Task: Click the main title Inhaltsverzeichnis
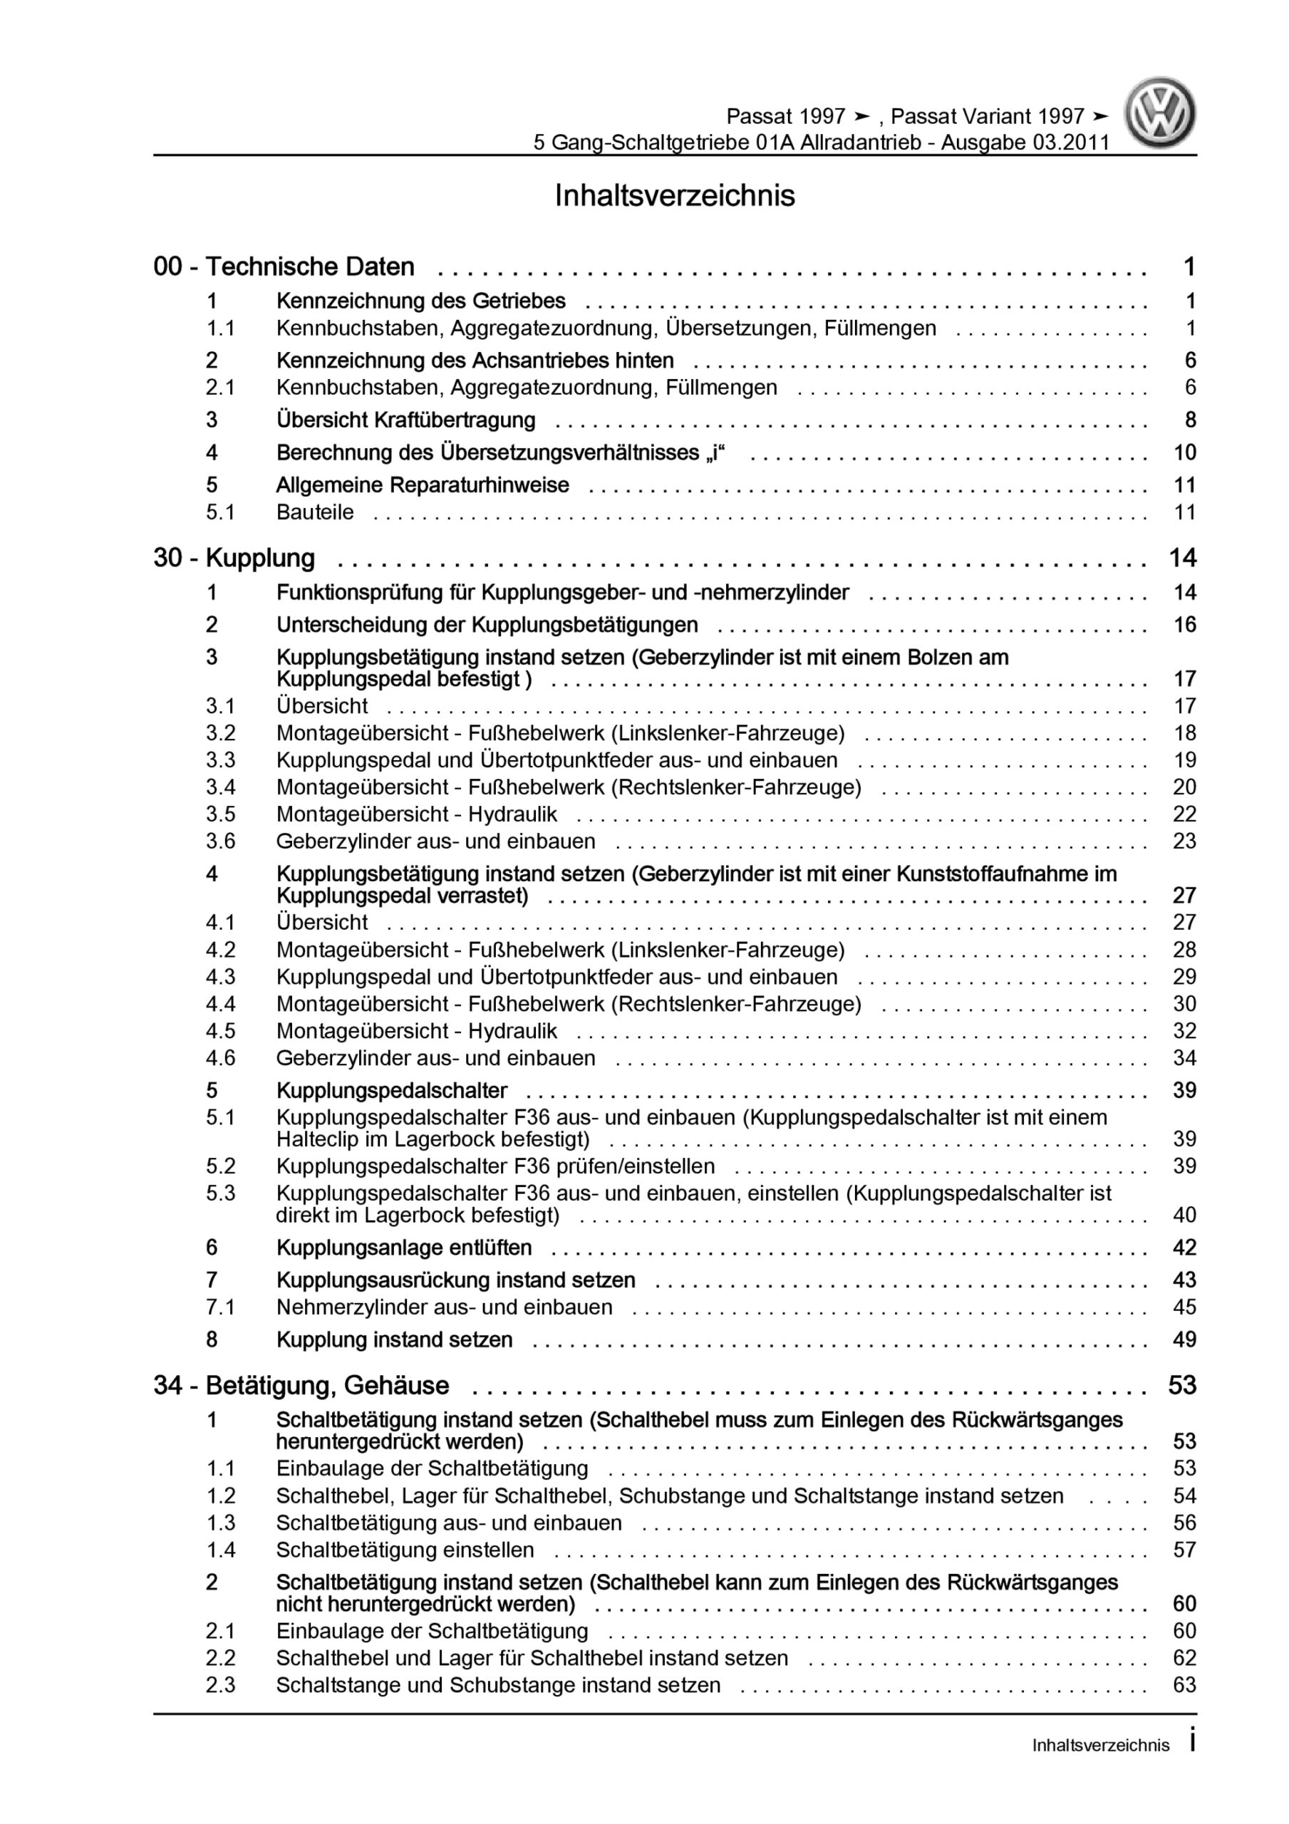pos(674,196)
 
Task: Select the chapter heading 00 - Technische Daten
pos(284,267)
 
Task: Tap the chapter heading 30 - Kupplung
pos(234,559)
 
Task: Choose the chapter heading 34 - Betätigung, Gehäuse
pos(301,1386)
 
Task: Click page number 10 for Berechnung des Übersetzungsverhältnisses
pos(1184,453)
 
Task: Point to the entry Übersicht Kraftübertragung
pos(405,420)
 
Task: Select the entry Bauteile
pos(315,512)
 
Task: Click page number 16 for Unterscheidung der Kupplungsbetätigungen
pos(1184,625)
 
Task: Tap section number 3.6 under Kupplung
pos(220,841)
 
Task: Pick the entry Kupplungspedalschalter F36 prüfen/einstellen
pos(495,1166)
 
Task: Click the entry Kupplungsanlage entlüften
pos(404,1248)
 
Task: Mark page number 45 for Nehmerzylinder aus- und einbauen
pos(1184,1307)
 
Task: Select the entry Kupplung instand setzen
pos(394,1340)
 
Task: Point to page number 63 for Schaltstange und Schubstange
pos(1184,1685)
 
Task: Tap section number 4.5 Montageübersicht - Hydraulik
pos(220,1031)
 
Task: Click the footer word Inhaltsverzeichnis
pos(1101,1746)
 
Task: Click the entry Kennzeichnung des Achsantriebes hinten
pos(475,361)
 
